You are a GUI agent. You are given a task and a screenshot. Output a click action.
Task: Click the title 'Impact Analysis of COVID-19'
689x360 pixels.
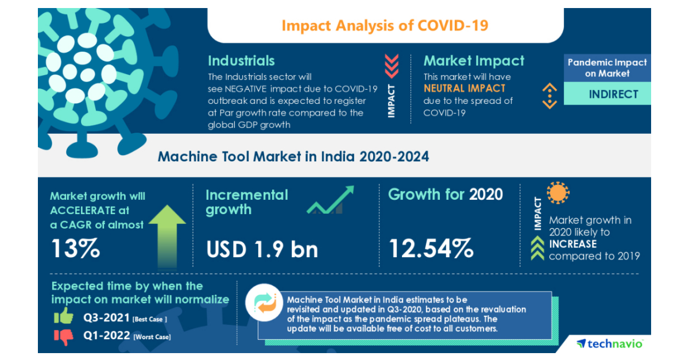point(385,26)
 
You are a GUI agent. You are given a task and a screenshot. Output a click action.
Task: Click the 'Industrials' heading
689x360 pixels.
point(241,61)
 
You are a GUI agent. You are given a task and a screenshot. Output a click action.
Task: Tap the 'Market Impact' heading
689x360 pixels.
point(474,61)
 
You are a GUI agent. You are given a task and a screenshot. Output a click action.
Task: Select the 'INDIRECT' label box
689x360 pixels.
point(613,94)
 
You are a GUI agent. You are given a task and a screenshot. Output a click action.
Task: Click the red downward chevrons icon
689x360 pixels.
point(392,66)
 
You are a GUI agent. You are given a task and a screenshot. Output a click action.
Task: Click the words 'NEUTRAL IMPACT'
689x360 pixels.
point(465,88)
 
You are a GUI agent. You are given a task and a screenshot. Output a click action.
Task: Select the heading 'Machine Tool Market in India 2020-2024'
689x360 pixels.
point(293,156)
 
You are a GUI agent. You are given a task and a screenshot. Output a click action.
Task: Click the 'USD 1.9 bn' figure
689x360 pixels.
point(261,249)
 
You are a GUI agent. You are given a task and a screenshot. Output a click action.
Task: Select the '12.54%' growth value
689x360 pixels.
point(431,248)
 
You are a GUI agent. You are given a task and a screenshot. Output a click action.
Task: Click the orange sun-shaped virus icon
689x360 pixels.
point(558,193)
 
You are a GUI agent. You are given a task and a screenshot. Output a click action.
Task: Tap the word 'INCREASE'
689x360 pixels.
point(572,244)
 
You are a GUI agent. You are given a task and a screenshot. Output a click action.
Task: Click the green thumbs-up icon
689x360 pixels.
point(64,316)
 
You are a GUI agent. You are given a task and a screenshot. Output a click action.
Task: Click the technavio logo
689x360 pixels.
point(610,343)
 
